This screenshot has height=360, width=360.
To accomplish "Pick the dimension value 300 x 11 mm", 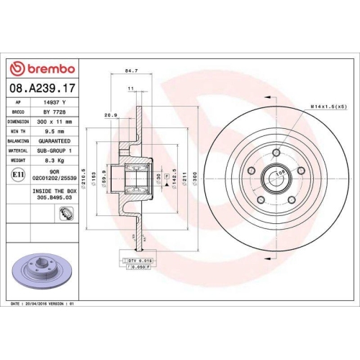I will click(59, 122).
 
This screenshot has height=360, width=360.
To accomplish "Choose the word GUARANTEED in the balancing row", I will click(59, 141).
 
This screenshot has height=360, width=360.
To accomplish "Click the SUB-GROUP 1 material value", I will click(59, 151).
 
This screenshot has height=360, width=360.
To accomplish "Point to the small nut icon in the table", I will click(66, 212).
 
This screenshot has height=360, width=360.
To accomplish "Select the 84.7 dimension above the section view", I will click(131, 71).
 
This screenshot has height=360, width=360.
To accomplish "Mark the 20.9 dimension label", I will click(111, 114).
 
